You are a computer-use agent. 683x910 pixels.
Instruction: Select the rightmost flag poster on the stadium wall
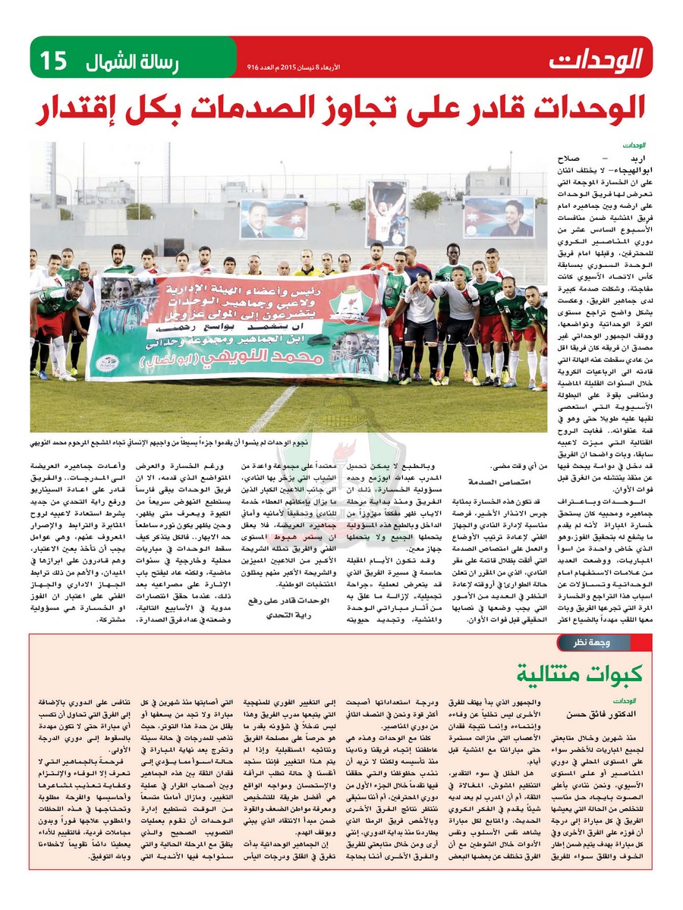pyautogui.click(x=499, y=218)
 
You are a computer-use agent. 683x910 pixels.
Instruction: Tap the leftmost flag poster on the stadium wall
pyautogui.click(x=273, y=219)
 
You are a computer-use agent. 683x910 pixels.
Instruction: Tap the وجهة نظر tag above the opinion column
pyautogui.click(x=591, y=644)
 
